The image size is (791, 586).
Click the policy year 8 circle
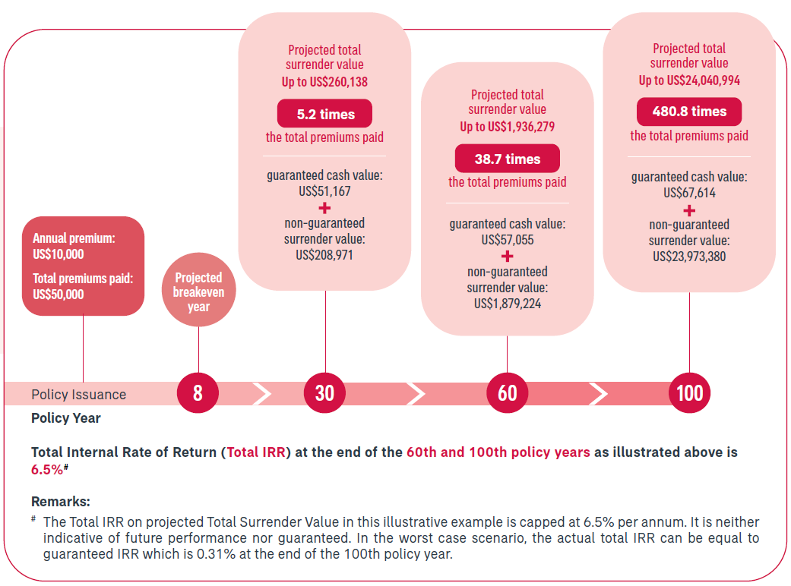pos(198,392)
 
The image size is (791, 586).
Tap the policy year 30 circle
pos(325,392)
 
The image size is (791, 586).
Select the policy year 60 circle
pos(508,392)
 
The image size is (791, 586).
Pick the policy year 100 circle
pos(690,392)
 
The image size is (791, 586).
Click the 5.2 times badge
pos(325,114)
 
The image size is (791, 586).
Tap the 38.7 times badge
pos(508,159)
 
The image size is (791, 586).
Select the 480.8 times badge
pos(689,112)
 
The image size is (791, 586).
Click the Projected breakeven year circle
pos(199,290)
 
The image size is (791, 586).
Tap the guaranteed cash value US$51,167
pos(324,191)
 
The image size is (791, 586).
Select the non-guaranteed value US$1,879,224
pos(508,304)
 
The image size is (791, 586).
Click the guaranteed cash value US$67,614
pos(689,193)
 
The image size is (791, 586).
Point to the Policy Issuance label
pos(79,395)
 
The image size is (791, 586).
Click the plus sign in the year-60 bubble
pos(508,257)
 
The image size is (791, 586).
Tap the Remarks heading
pos(61,501)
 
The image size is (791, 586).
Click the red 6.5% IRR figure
pos(47,470)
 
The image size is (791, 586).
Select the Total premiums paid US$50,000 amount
pos(59,295)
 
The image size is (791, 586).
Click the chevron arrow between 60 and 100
pos(598,393)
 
